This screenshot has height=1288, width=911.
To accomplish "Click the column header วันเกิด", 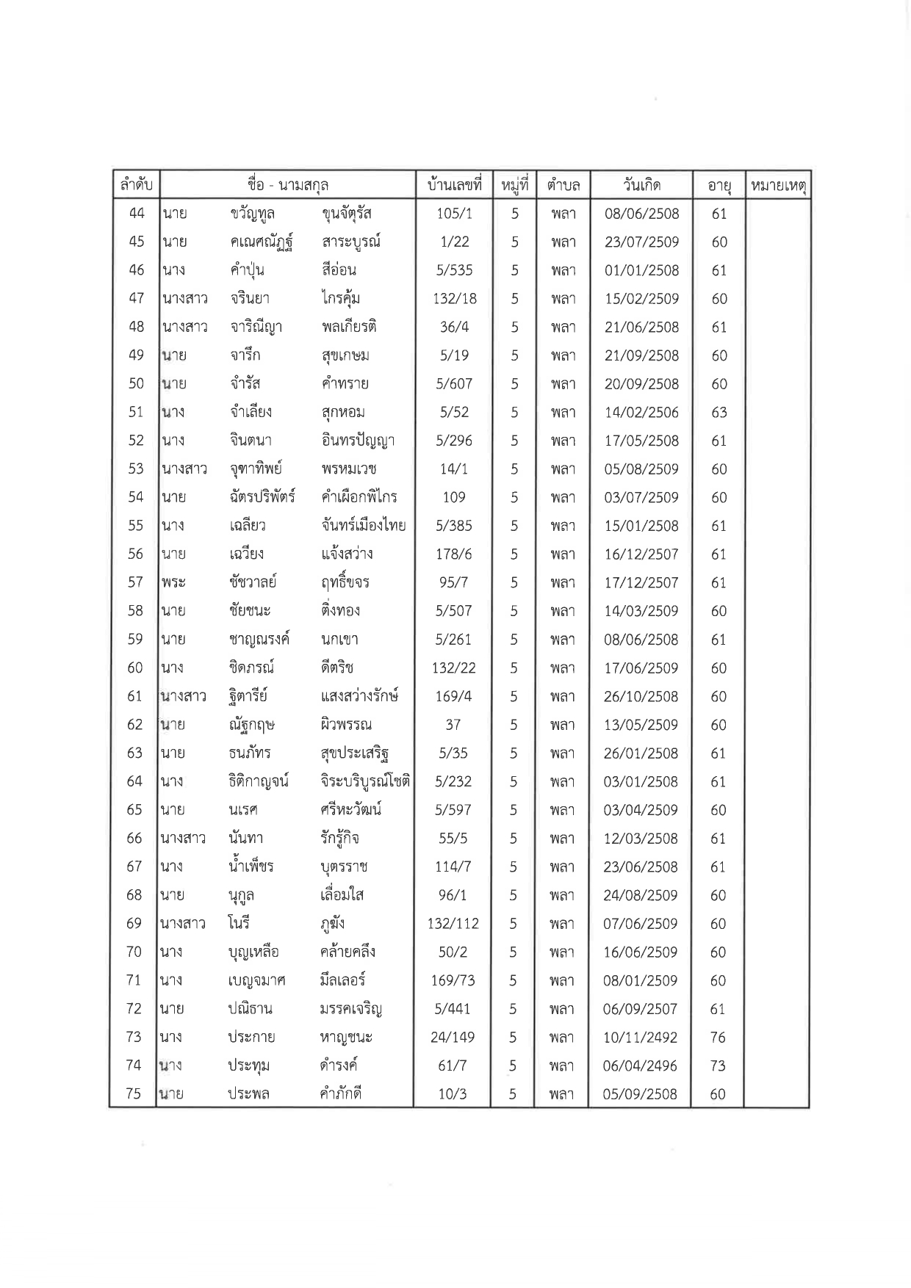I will pyautogui.click(x=641, y=185).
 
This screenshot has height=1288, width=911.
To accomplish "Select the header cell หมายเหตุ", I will pyautogui.click(x=777, y=186).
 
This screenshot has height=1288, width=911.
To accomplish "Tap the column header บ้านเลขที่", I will pyautogui.click(x=453, y=185).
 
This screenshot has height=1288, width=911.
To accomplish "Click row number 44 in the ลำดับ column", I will pyautogui.click(x=137, y=214).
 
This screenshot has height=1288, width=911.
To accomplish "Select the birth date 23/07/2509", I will pyautogui.click(x=641, y=242).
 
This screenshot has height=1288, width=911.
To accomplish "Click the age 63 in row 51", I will pyautogui.click(x=719, y=413).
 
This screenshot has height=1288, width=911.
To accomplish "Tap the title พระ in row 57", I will pyautogui.click(x=174, y=583).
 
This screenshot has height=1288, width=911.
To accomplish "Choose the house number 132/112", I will pyautogui.click(x=453, y=924).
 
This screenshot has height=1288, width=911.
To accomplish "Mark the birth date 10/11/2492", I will pyautogui.click(x=641, y=1038).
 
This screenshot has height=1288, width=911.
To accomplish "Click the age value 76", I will pyautogui.click(x=718, y=1038).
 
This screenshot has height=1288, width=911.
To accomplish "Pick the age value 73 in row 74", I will pyautogui.click(x=718, y=1066).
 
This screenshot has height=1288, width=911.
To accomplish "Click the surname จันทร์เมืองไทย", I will pyautogui.click(x=364, y=526).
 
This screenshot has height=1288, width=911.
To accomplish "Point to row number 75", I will pyautogui.click(x=134, y=1094).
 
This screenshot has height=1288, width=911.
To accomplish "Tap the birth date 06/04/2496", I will pyautogui.click(x=641, y=1066).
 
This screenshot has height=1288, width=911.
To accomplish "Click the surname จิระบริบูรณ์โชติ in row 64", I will pyautogui.click(x=365, y=781).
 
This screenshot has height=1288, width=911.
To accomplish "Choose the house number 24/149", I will pyautogui.click(x=453, y=1038).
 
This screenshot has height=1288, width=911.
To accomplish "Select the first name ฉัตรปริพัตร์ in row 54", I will pyautogui.click(x=262, y=497).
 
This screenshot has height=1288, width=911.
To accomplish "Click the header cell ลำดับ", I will pyautogui.click(x=136, y=185).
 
